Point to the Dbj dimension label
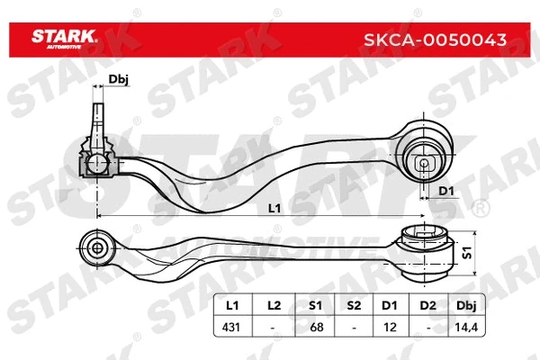118,81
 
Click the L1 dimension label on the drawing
275,208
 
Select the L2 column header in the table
274,306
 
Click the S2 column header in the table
354,306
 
